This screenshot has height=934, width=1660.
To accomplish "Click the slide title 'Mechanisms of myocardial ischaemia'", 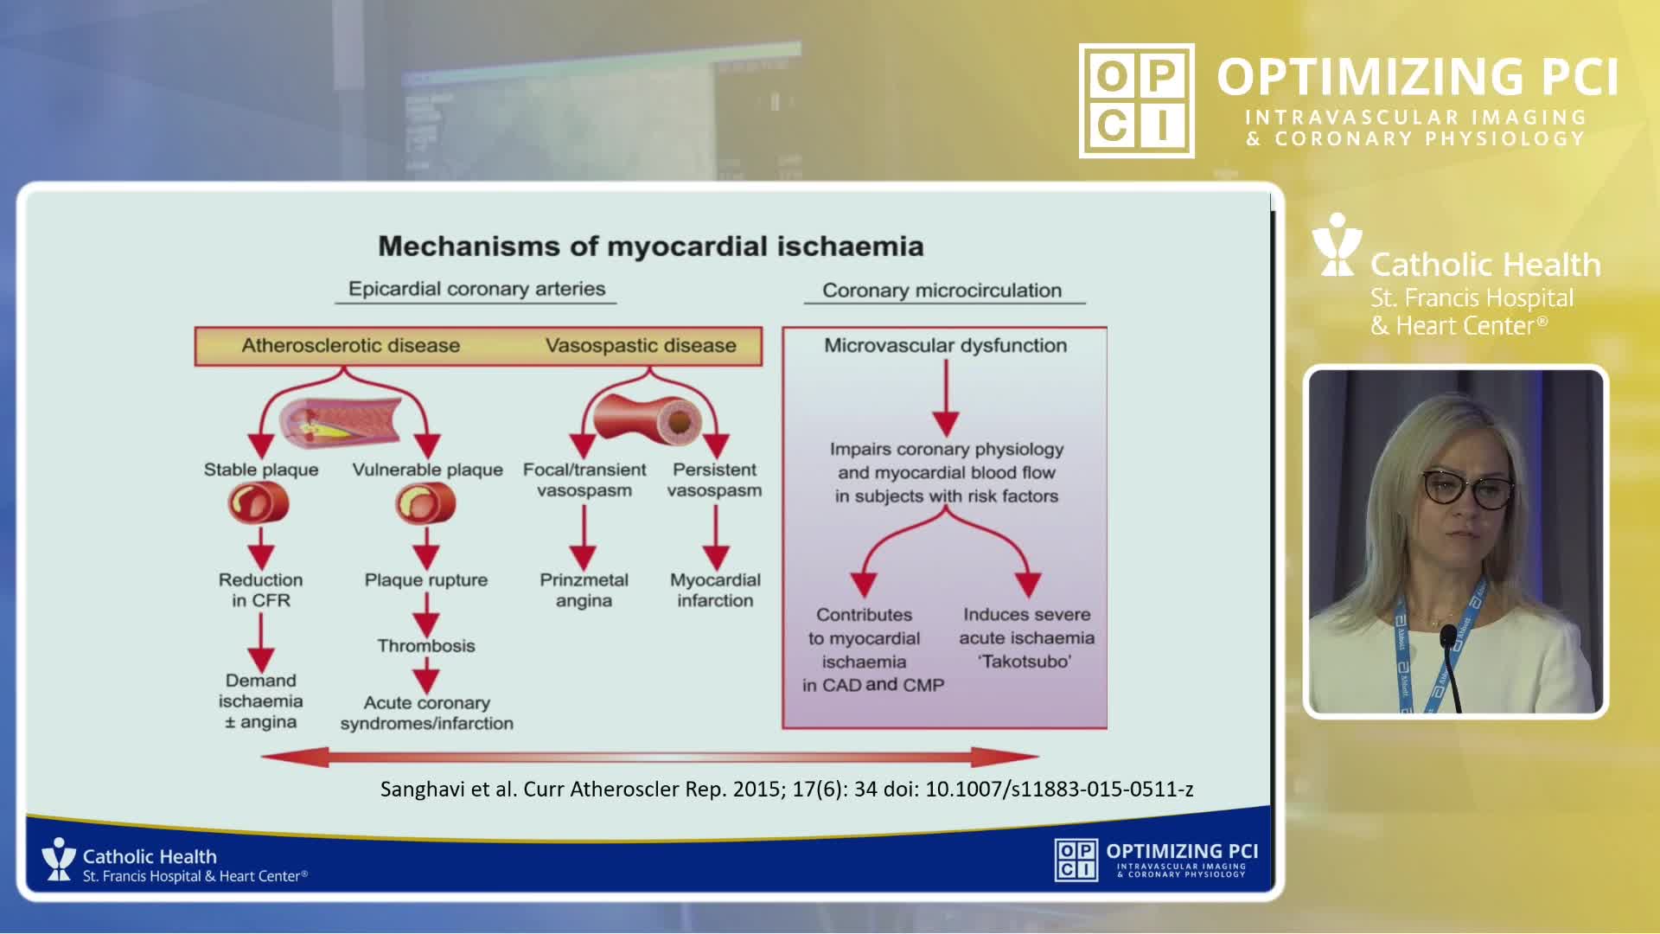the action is pyautogui.click(x=650, y=246).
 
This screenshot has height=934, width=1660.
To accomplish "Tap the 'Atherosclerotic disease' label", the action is pyautogui.click(x=350, y=346).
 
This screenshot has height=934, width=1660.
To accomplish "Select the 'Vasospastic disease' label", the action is pyautogui.click(x=641, y=346).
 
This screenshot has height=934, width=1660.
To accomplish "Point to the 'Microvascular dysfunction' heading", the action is pyautogui.click(x=945, y=346).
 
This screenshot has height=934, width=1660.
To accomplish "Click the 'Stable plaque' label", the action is pyautogui.click(x=261, y=470).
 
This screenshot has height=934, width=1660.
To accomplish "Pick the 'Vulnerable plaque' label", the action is pyautogui.click(x=427, y=470).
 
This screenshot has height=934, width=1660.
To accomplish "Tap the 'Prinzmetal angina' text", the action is pyautogui.click(x=584, y=590).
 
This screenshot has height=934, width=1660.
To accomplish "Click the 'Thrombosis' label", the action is pyautogui.click(x=426, y=646).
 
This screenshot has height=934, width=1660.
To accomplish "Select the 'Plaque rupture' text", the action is pyautogui.click(x=426, y=580).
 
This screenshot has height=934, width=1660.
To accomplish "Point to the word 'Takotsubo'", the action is pyautogui.click(x=1025, y=662).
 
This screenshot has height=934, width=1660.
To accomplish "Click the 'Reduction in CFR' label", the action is pyautogui.click(x=261, y=590).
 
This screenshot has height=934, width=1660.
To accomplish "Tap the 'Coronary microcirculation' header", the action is pyautogui.click(x=942, y=291).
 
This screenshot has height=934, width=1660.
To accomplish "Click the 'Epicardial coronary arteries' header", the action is pyautogui.click(x=476, y=289).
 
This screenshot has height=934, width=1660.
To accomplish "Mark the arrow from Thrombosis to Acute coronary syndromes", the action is pyautogui.click(x=426, y=675).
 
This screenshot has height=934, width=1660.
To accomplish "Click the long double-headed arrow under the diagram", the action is pyautogui.click(x=649, y=758).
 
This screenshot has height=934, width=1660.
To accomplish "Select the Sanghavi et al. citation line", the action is pyautogui.click(x=787, y=789).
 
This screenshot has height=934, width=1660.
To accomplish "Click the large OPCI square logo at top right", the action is pyautogui.click(x=1136, y=101).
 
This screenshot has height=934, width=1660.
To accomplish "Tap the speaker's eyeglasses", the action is pyautogui.click(x=1467, y=489).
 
